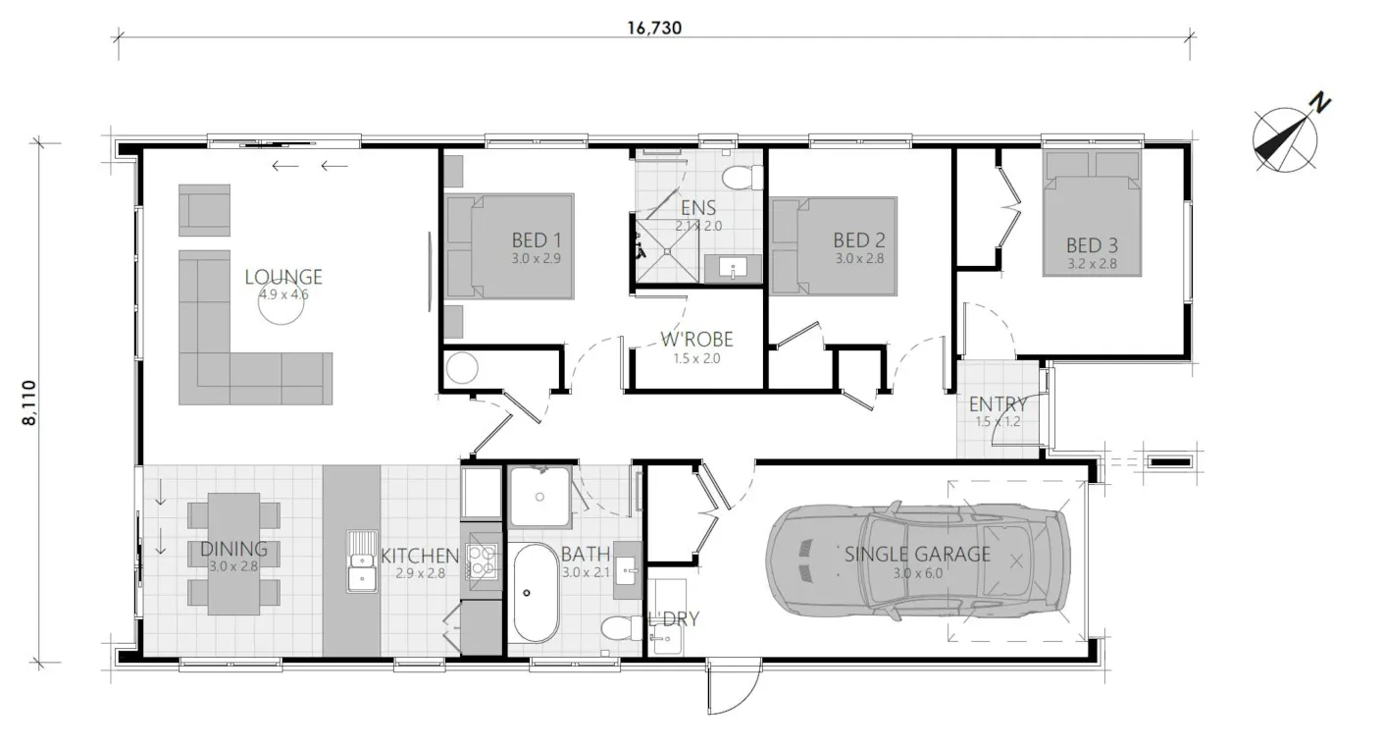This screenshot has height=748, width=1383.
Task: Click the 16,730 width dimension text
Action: tap(654, 28)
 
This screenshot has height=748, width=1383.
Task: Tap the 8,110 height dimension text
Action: tap(29, 402)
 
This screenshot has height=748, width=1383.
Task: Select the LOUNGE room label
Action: tap(283, 277)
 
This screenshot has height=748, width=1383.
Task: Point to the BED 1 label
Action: tap(537, 240)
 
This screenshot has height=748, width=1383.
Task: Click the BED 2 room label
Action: tap(859, 240)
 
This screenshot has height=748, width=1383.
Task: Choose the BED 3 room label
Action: tap(1092, 245)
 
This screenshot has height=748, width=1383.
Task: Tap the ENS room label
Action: tap(698, 207)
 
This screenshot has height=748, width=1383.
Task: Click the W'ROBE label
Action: tap(696, 339)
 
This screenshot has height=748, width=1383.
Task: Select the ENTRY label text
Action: tap(998, 404)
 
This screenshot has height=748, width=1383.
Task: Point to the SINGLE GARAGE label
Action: tap(917, 554)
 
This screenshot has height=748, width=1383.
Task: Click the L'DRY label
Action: tap(673, 618)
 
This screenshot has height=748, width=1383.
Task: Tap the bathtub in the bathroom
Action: tap(536, 593)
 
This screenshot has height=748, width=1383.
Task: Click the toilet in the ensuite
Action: tap(743, 179)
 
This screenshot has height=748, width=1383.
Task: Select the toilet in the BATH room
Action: tap(622, 629)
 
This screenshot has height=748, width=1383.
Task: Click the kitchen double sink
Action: tap(362, 561)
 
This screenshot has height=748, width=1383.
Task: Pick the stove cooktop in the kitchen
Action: tap(482, 561)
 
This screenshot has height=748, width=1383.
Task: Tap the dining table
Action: tap(233, 554)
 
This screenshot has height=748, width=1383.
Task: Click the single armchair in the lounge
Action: tap(204, 210)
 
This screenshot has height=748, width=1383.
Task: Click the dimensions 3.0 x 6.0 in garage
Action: tap(917, 573)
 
